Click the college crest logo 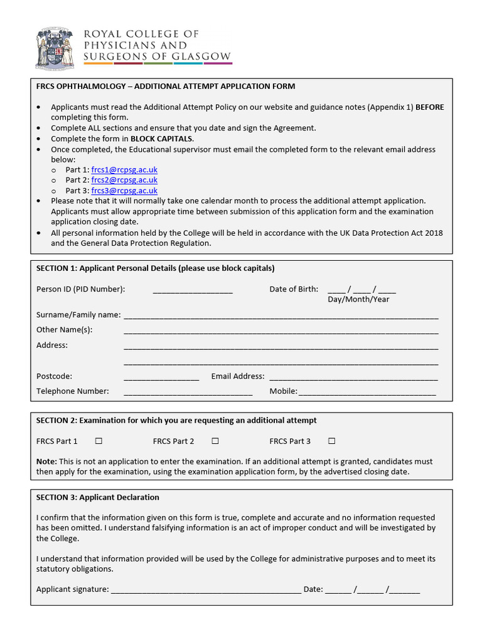(55, 47)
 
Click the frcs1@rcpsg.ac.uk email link (124, 170)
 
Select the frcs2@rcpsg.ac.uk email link (124, 180)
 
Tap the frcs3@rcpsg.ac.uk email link (124, 191)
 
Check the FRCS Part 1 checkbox (99, 441)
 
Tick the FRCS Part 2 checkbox (215, 441)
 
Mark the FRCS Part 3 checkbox (332, 441)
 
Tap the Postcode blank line (161, 378)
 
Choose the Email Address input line (353, 378)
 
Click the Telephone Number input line (188, 393)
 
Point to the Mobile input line (367, 393)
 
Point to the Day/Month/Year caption (358, 300)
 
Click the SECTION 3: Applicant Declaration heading (98, 497)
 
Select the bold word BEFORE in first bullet (429, 107)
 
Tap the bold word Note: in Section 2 (46, 461)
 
